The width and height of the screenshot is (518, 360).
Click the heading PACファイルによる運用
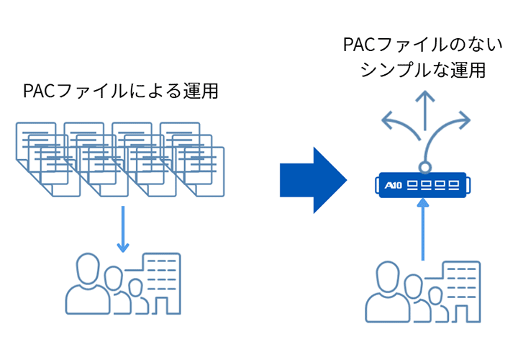[x=120, y=92]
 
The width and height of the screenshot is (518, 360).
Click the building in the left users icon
[x=163, y=281]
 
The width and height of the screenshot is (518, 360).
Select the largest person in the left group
[x=86, y=284]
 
